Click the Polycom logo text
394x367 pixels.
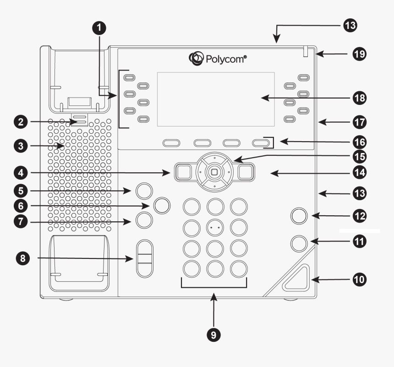pyautogui.click(x=224, y=59)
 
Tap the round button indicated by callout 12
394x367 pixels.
pyautogui.click(x=299, y=215)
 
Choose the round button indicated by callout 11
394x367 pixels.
pyautogui.click(x=299, y=243)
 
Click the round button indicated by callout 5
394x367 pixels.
pyautogui.click(x=144, y=190)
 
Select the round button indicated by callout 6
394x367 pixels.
pyautogui.click(x=161, y=205)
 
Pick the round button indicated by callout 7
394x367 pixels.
pyautogui.click(x=144, y=221)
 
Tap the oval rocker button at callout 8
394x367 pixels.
pyautogui.click(x=144, y=258)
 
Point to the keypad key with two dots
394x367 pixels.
pyautogui.click(x=214, y=227)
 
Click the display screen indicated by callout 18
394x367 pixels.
pyautogui.click(x=215, y=99)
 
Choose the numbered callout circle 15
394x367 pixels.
pyautogui.click(x=359, y=156)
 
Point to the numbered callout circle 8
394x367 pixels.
pyautogui.click(x=21, y=258)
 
